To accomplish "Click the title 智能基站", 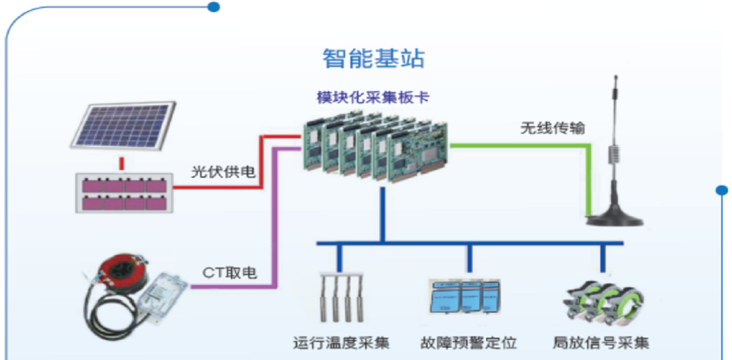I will pos(373,58).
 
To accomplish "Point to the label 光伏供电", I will pos(224,172).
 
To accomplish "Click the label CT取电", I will pos(230,273).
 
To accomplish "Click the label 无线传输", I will pos(552,129).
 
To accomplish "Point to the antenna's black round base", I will pos(615,218).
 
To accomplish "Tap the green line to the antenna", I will pos(536,145).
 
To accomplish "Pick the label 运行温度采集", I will pos(341,342).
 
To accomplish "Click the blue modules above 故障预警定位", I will pos(464,296).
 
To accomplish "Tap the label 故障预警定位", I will pos(469,342).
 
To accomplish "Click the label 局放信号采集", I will pos(601,342).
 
